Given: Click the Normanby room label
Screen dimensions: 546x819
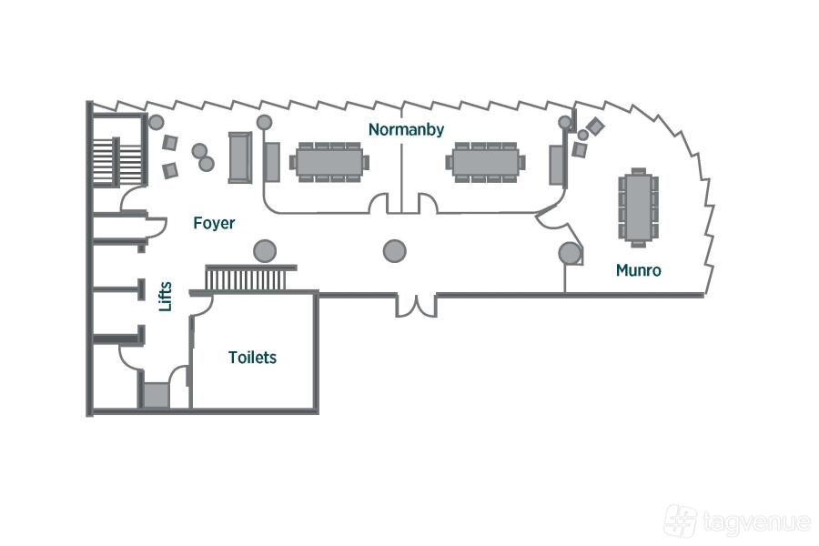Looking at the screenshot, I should click(x=406, y=130).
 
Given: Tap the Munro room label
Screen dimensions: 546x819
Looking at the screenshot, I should click(x=638, y=270).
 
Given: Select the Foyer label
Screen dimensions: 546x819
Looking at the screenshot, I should click(x=214, y=223).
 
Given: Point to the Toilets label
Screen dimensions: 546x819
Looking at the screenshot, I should click(x=252, y=358).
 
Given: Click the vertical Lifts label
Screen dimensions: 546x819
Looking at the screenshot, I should click(x=166, y=295).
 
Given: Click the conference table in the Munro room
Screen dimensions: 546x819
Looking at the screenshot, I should click(x=639, y=207).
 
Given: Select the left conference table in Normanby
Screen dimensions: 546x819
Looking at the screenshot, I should click(x=329, y=161).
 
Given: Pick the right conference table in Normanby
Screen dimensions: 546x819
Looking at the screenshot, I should click(x=486, y=161).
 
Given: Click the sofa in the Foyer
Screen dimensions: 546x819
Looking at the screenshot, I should click(x=240, y=157).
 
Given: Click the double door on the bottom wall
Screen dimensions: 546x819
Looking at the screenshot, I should click(x=416, y=304).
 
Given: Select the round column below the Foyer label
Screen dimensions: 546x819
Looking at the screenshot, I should click(x=265, y=250).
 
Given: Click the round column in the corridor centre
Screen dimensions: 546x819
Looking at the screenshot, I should click(x=394, y=250).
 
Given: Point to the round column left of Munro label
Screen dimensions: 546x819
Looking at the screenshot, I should click(x=570, y=253).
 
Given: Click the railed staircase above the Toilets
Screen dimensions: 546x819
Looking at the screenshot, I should click(x=251, y=278).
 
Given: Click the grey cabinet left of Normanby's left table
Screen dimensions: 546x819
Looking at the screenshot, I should click(x=272, y=161).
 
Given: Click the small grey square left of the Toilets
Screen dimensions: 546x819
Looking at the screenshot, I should click(x=156, y=395).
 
